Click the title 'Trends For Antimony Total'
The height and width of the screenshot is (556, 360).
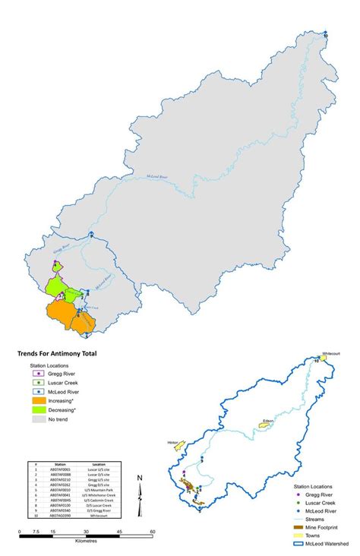click(58, 353)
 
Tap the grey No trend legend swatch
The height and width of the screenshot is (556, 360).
click(36, 419)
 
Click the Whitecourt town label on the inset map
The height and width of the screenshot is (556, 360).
click(331, 353)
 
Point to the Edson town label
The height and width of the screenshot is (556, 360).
click(267, 419)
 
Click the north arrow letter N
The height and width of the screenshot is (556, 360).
click(141, 478)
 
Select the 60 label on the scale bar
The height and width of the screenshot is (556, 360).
click(153, 531)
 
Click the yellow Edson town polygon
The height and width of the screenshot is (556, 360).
click(267, 426)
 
